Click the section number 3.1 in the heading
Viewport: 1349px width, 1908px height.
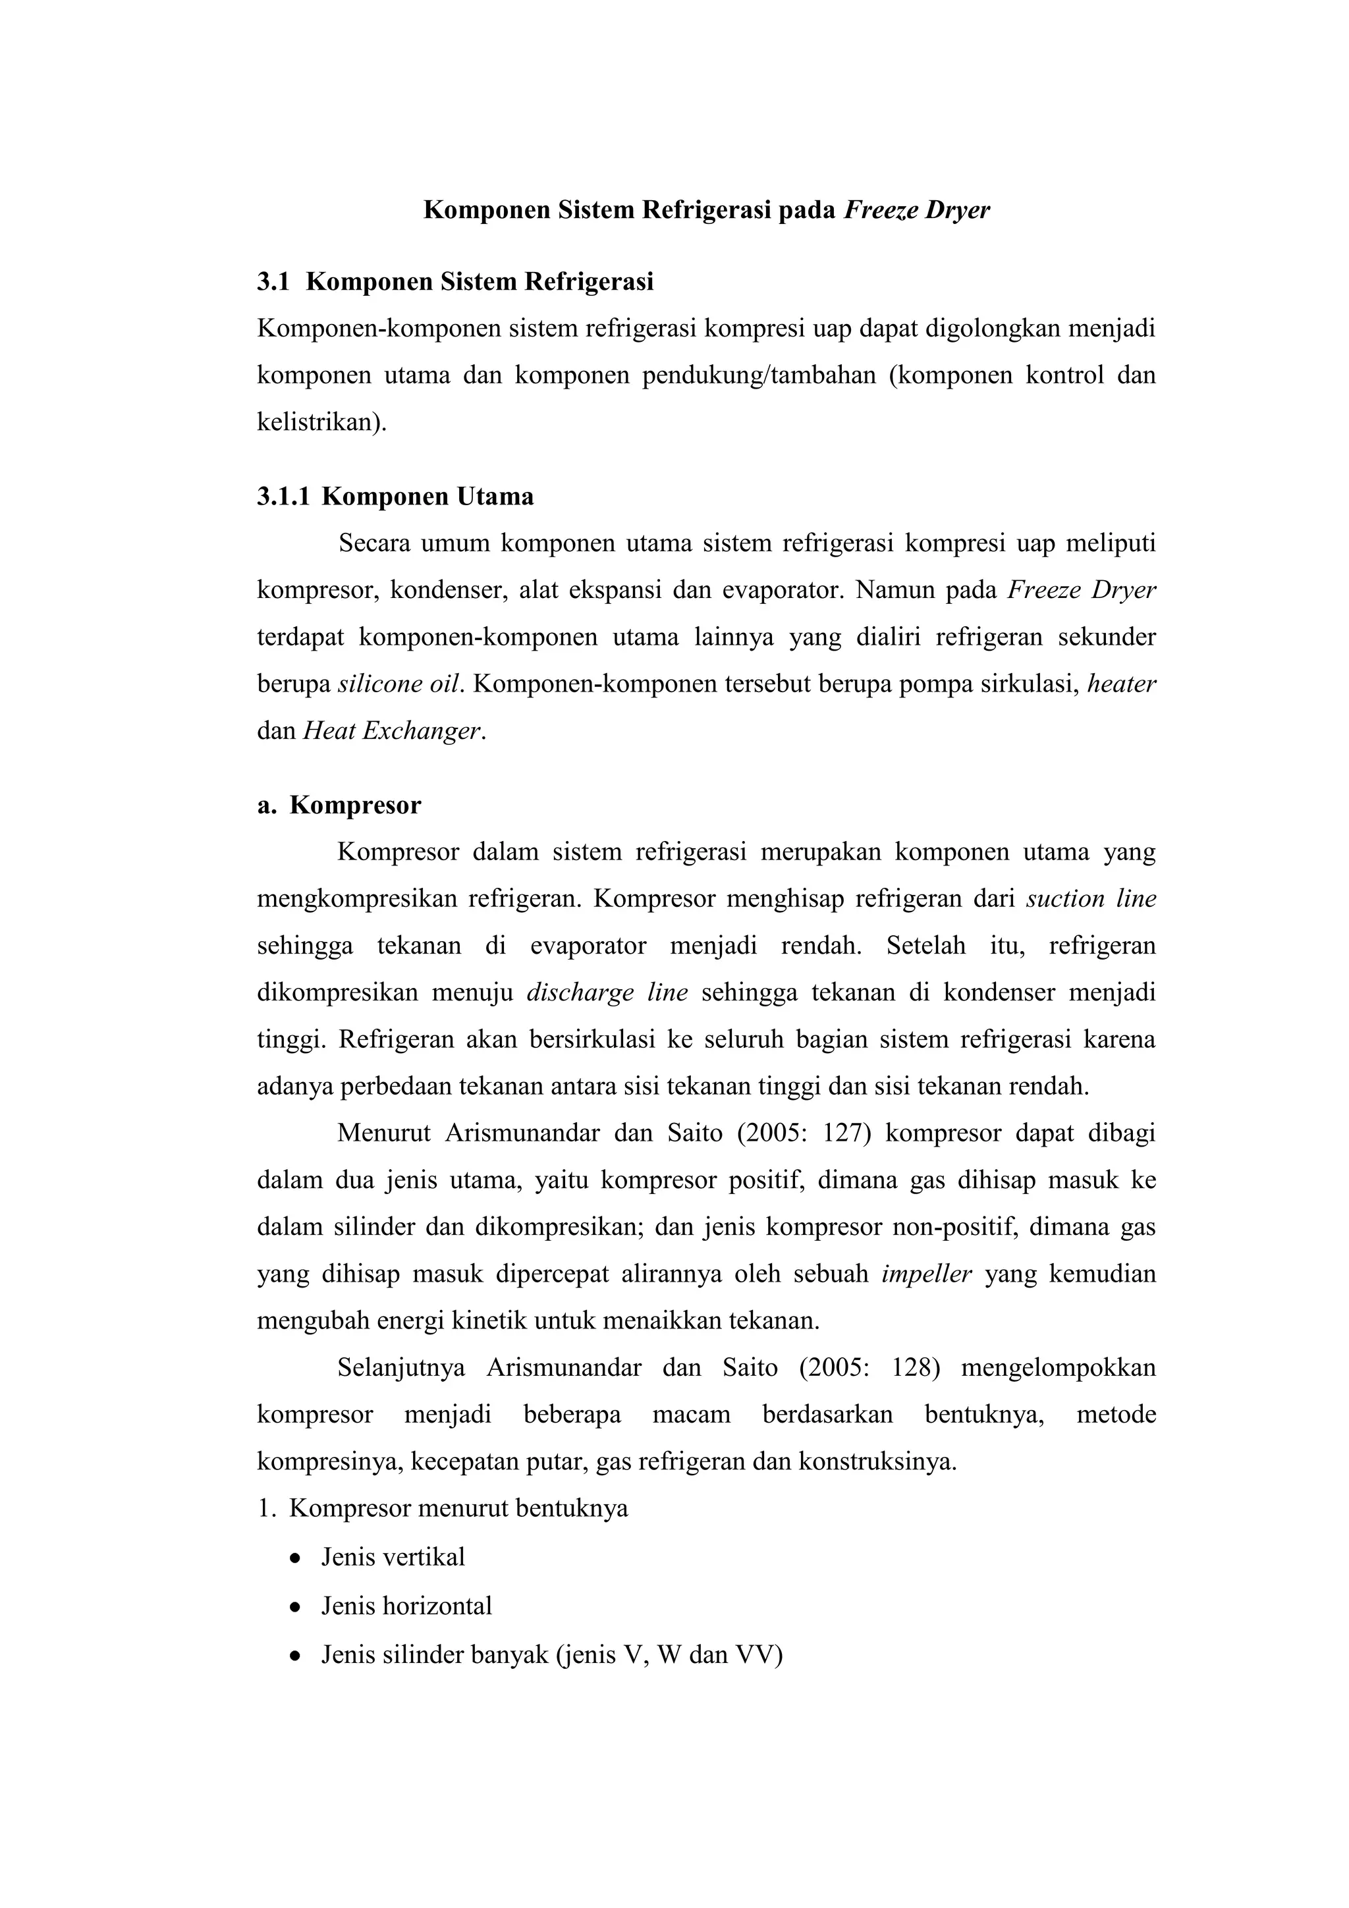tap(273, 283)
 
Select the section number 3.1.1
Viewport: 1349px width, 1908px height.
tap(283, 497)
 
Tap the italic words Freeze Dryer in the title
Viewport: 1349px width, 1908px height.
tap(917, 210)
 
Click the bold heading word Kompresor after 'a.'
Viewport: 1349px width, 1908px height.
tap(355, 805)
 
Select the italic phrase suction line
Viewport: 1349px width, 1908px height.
tap(1091, 899)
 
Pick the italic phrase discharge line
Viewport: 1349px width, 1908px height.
tap(607, 993)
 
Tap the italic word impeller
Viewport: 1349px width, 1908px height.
tap(926, 1274)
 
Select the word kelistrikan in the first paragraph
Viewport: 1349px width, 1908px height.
tap(320, 423)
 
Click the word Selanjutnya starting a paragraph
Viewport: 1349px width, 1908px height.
tap(400, 1368)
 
